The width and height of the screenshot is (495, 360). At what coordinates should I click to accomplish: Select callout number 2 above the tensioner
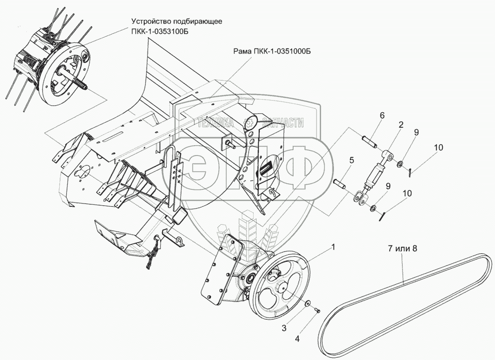(x=401, y=125)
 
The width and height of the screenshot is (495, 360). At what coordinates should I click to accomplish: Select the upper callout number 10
(x=438, y=148)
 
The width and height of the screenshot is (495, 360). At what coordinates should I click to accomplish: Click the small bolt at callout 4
(x=317, y=310)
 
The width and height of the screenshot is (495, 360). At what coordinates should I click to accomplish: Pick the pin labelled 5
(x=340, y=183)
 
